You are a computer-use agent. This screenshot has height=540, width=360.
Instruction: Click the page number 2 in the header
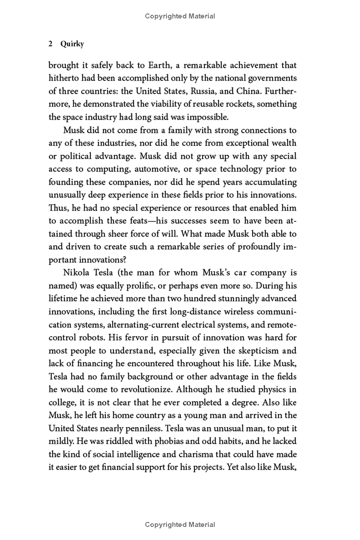[x=51, y=44]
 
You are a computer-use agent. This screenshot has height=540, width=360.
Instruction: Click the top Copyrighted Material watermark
[x=180, y=16]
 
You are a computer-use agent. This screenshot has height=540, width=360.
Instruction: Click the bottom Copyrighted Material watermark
[x=180, y=525]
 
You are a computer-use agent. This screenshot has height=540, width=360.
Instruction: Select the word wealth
[x=283, y=143]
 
